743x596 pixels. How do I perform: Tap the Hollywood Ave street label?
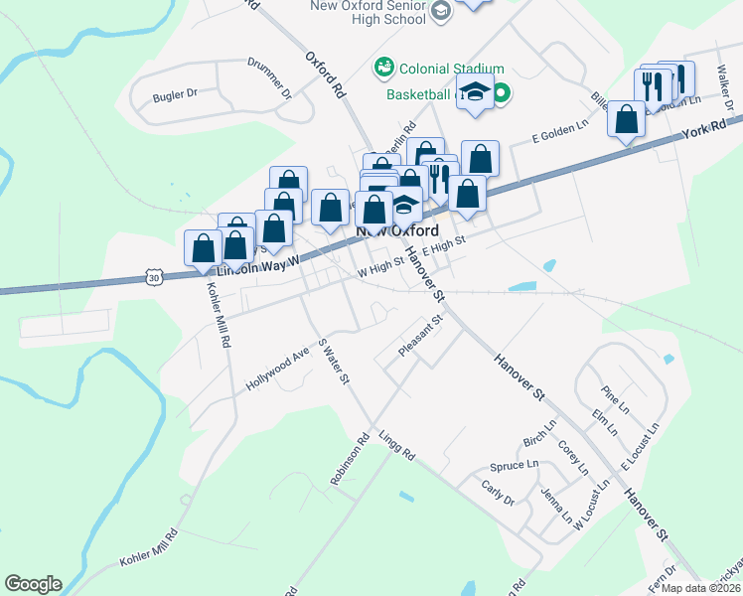(x=279, y=369)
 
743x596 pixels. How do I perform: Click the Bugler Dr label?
(x=176, y=96)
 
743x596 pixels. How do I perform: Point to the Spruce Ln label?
(x=515, y=465)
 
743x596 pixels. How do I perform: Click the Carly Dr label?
(x=498, y=493)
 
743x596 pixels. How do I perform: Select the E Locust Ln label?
(x=640, y=449)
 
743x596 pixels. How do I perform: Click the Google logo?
(x=33, y=584)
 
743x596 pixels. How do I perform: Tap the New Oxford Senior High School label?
(x=382, y=13)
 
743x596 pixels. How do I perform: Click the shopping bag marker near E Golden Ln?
(x=627, y=119)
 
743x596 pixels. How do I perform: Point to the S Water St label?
(x=334, y=362)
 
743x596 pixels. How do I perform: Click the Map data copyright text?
(x=700, y=588)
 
